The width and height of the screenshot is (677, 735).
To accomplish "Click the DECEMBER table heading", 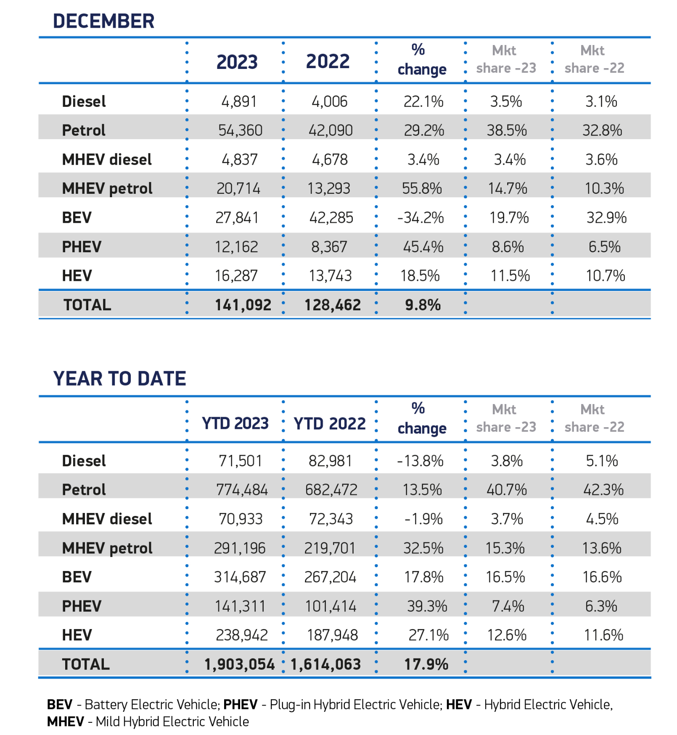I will (x=103, y=21).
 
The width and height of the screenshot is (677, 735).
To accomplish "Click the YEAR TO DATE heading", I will (x=119, y=378).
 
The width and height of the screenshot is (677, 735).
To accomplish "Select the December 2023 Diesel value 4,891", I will (x=239, y=101).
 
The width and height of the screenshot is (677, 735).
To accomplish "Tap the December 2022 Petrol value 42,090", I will (x=331, y=130).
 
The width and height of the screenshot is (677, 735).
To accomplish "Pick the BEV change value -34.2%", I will (x=420, y=218).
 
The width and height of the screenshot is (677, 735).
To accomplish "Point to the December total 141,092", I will (x=243, y=305).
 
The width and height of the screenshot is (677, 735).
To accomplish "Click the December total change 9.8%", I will (x=423, y=305).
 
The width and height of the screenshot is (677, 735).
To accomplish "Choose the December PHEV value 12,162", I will (x=236, y=247).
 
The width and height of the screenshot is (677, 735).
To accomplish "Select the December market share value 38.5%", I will (x=507, y=130).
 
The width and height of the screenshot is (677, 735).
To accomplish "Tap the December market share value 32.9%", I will (x=606, y=218).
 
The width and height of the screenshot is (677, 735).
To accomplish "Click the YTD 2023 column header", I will (x=235, y=423).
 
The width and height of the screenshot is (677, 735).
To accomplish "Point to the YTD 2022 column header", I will (x=330, y=423).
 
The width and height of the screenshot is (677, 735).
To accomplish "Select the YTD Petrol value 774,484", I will (x=242, y=490).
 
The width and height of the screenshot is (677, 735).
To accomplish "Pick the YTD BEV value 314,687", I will (x=240, y=577).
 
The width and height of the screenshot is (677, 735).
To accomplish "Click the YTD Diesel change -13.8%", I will (x=420, y=461).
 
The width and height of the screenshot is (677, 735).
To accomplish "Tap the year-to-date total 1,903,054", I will (x=239, y=664).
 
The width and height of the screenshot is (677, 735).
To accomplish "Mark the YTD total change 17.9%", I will (x=426, y=664).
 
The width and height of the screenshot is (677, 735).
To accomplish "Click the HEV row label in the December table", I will (x=77, y=276).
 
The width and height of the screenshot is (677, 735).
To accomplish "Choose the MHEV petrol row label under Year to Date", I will (x=107, y=548).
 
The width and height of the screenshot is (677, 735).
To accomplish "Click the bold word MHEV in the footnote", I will (x=66, y=722).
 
